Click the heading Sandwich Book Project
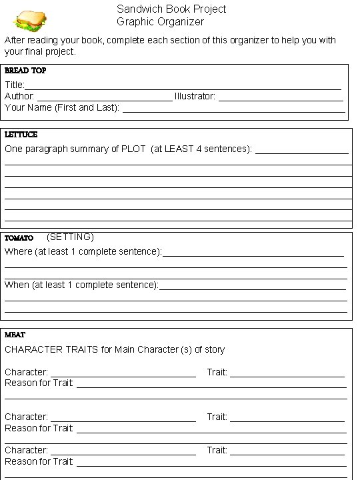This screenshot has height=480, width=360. point(171,9)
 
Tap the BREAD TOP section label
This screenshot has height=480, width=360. point(25,71)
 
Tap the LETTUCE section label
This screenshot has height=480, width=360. point(21,135)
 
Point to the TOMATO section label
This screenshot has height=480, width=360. point(19,238)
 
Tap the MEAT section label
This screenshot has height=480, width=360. point(15,335)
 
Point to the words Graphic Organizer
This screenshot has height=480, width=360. point(160,22)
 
